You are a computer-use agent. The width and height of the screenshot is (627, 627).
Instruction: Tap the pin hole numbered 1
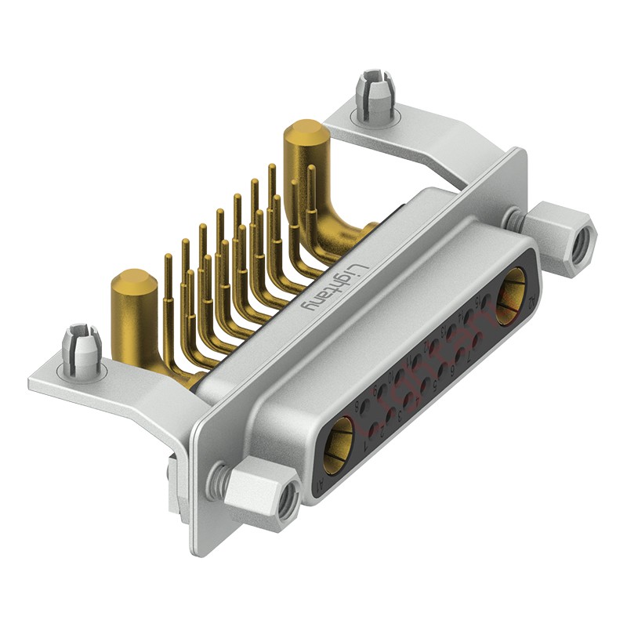coord(374,429)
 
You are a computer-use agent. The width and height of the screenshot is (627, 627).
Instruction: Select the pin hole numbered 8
coord(365,406)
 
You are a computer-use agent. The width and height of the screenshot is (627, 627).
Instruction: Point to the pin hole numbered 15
coord(486,300)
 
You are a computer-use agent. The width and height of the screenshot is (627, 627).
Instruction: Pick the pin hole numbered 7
coord(477,340)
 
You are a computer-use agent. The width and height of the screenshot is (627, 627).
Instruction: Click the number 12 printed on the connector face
coord(426,346)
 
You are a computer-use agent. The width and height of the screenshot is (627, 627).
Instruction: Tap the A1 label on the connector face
coord(320,485)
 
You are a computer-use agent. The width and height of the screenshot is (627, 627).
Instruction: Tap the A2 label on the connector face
coord(531,302)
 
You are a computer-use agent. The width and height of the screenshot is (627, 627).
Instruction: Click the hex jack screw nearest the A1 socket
coord(263,493)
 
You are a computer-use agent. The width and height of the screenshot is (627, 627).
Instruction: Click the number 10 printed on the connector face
coord(391,378)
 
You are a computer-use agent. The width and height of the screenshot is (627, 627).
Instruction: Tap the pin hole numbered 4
coord(408,399)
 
